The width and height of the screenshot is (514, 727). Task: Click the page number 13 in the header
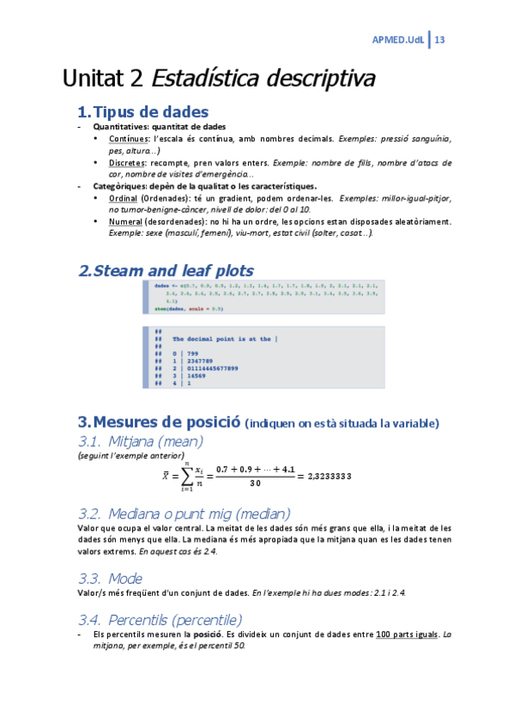tap(440, 40)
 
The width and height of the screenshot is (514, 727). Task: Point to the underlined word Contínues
tap(128, 138)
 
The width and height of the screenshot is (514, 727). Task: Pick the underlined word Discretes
tap(127, 162)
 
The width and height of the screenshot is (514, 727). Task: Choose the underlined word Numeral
tap(125, 221)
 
